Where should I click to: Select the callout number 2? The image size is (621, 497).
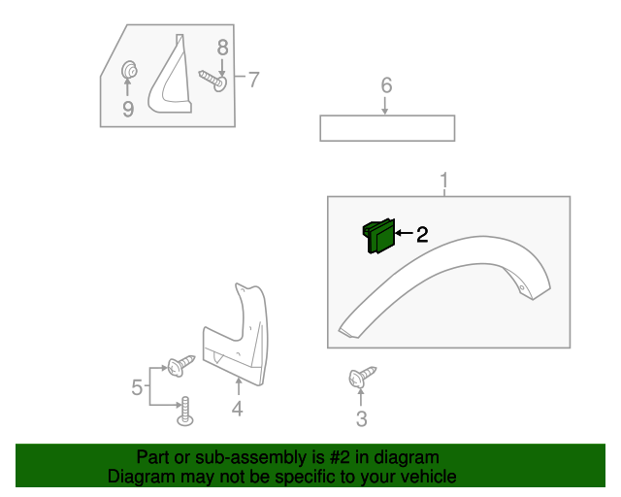click(422, 234)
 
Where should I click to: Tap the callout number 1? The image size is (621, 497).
click(444, 181)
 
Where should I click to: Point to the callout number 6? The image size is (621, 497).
click(386, 85)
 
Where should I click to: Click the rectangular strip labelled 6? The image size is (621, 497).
click(387, 128)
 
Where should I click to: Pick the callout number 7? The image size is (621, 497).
click(253, 80)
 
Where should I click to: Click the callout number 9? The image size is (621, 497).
click(128, 109)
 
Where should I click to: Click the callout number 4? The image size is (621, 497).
click(237, 410)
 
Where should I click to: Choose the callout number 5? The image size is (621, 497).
click(137, 388)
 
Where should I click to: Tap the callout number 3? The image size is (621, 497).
click(361, 419)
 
